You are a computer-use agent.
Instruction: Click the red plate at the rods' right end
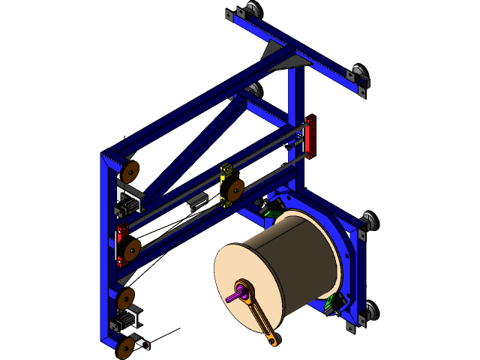click(310, 136)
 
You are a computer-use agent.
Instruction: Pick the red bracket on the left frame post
click(120, 244)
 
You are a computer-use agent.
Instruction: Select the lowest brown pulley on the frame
click(127, 346)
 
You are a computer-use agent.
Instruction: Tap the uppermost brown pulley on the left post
click(130, 172)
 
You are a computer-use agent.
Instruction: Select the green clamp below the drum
click(333, 304)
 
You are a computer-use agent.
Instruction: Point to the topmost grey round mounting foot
click(250, 10)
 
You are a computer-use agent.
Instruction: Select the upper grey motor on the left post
click(128, 203)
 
